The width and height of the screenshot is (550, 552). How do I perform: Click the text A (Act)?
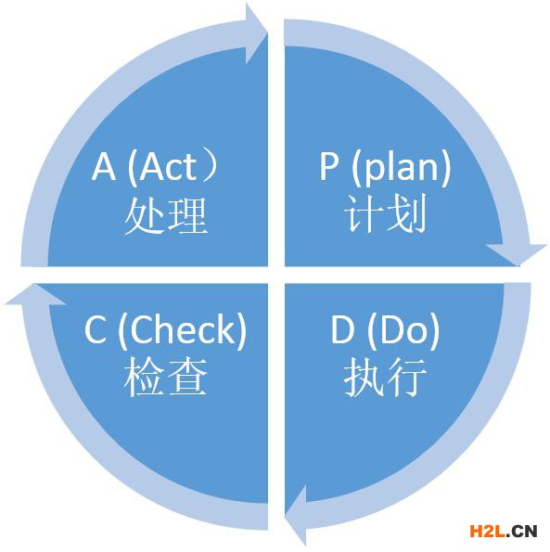tap(155, 168)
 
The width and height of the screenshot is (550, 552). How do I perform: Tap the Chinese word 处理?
tap(165, 215)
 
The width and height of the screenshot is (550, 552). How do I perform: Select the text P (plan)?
tap(385, 168)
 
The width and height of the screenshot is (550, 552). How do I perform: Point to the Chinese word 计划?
tap(386, 213)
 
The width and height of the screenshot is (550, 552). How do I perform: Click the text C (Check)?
tap(165, 331)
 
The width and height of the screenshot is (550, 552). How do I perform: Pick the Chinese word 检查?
tap(165, 377)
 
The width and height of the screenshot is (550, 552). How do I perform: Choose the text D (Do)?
tap(385, 331)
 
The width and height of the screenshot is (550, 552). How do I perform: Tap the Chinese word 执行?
tap(385, 377)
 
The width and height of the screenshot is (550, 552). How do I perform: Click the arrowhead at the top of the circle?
tap(256, 34)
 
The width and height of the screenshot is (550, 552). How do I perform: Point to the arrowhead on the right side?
tap(517, 254)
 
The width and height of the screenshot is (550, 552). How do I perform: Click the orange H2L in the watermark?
tap(488, 531)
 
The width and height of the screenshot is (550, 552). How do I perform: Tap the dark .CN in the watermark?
tap(522, 531)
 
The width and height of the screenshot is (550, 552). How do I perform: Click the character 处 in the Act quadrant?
tap(145, 215)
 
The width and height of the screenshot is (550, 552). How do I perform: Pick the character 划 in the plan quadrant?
tap(407, 213)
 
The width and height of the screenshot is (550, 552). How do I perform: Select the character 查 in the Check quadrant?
tap(187, 377)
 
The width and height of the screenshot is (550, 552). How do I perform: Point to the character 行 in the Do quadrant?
tap(407, 377)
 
